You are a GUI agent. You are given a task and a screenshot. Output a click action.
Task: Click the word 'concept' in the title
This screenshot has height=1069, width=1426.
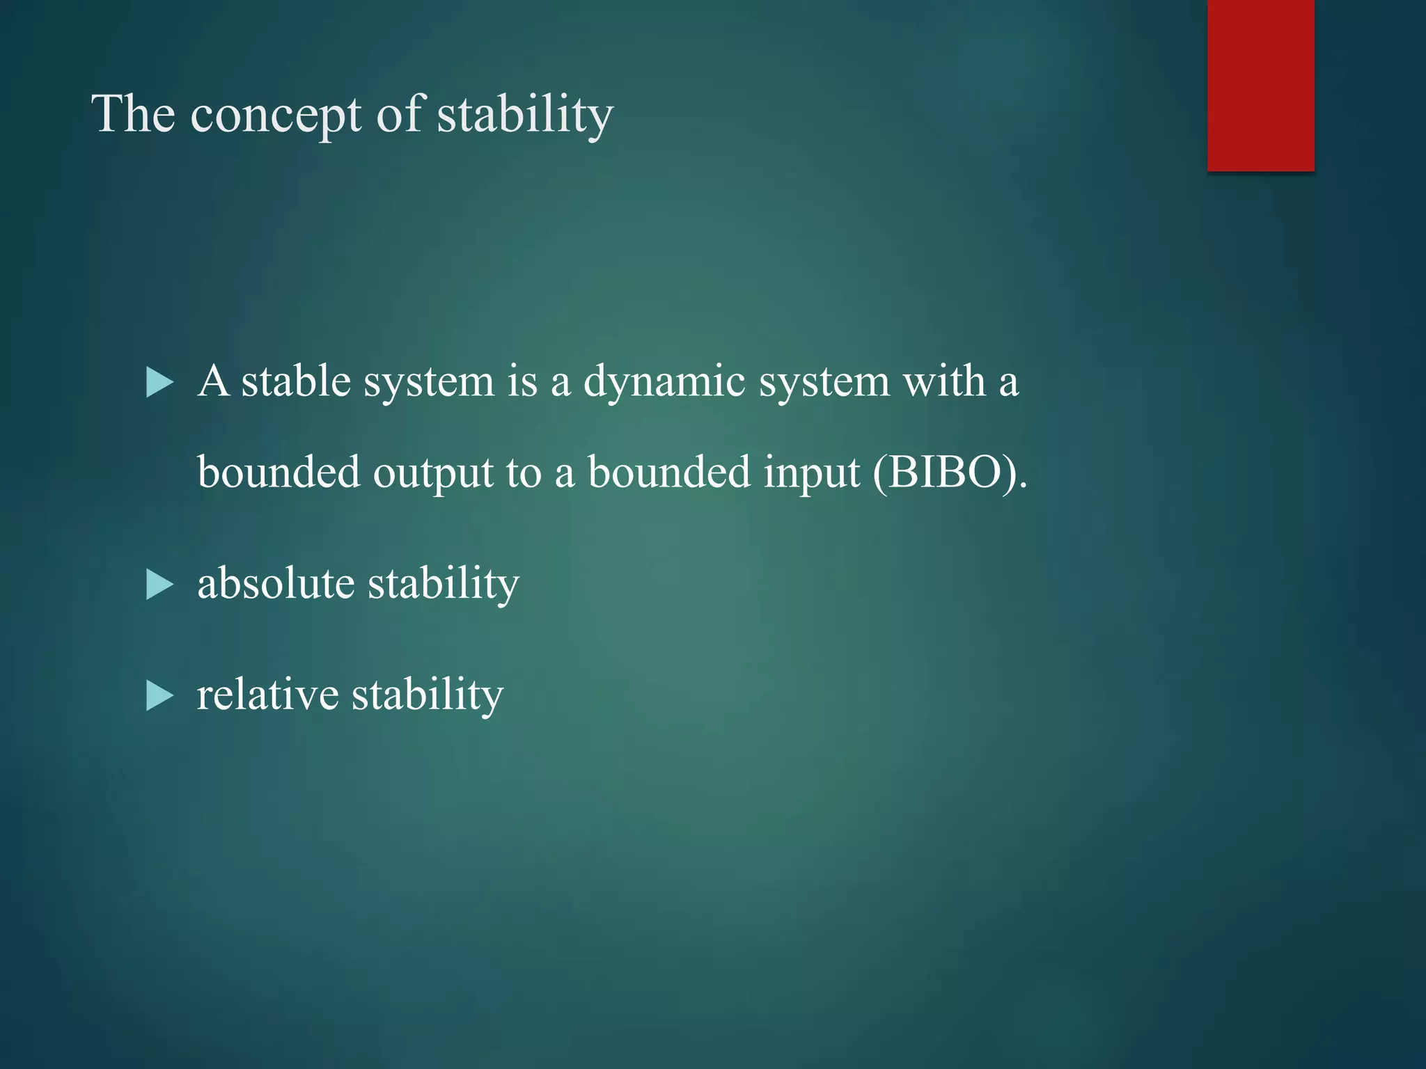coord(276,116)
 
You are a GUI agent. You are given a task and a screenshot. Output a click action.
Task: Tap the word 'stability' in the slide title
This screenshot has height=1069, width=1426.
coord(525,114)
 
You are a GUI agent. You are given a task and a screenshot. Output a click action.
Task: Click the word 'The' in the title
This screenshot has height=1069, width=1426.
coord(133,114)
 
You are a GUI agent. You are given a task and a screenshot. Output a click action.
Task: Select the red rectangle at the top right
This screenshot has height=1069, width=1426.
coord(1260,85)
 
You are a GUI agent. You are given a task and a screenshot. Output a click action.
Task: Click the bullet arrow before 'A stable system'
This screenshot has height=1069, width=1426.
coord(159,383)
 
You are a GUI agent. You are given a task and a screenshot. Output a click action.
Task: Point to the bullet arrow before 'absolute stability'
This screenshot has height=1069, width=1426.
coord(159,585)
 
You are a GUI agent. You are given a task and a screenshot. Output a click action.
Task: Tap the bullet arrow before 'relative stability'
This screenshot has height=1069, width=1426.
coord(159,696)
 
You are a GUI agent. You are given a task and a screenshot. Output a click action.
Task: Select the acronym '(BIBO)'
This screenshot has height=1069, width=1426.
coord(949,473)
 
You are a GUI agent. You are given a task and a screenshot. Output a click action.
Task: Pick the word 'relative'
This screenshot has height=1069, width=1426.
coord(267,695)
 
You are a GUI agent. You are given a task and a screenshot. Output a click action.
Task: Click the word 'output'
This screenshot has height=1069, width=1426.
coord(433,473)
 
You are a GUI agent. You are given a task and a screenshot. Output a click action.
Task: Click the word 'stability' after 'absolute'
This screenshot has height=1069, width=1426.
coord(444,585)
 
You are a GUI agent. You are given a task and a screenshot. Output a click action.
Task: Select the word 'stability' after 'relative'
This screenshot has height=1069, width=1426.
coord(427,696)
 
